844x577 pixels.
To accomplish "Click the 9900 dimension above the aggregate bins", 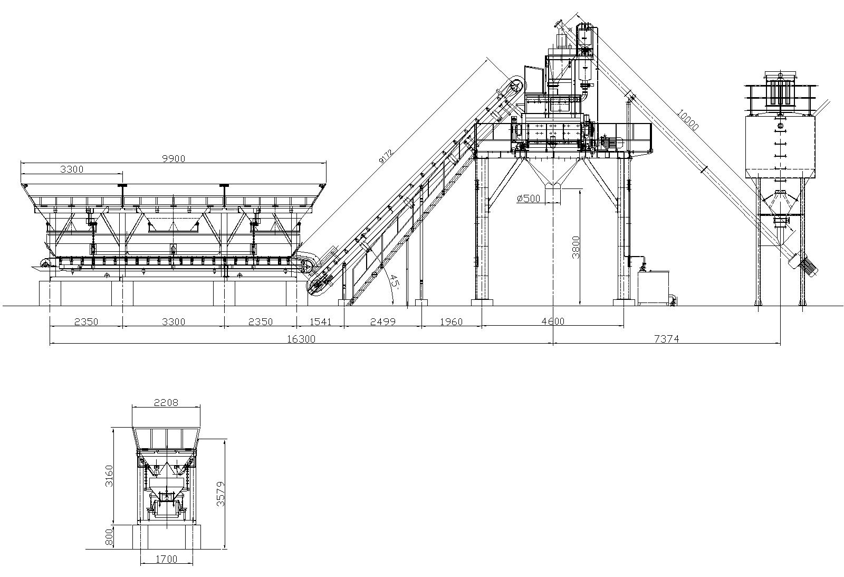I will [x=173, y=158].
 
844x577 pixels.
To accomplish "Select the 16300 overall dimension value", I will [x=301, y=339].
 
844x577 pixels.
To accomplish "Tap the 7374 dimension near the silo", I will [x=666, y=339].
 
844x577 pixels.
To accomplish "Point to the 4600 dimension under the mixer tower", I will [x=553, y=321].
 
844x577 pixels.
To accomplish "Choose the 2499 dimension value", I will [x=382, y=321].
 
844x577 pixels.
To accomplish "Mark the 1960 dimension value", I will [x=450, y=321].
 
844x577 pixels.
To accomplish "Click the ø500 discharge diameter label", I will [x=529, y=198].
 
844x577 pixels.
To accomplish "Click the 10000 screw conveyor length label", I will [x=688, y=119].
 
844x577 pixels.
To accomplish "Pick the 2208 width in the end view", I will [x=166, y=403].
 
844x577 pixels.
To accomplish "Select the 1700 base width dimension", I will [x=167, y=559].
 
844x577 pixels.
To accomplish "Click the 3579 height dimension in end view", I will [x=221, y=493].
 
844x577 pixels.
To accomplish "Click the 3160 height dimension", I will [x=109, y=477].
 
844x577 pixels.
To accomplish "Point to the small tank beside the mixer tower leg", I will [x=653, y=288].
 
